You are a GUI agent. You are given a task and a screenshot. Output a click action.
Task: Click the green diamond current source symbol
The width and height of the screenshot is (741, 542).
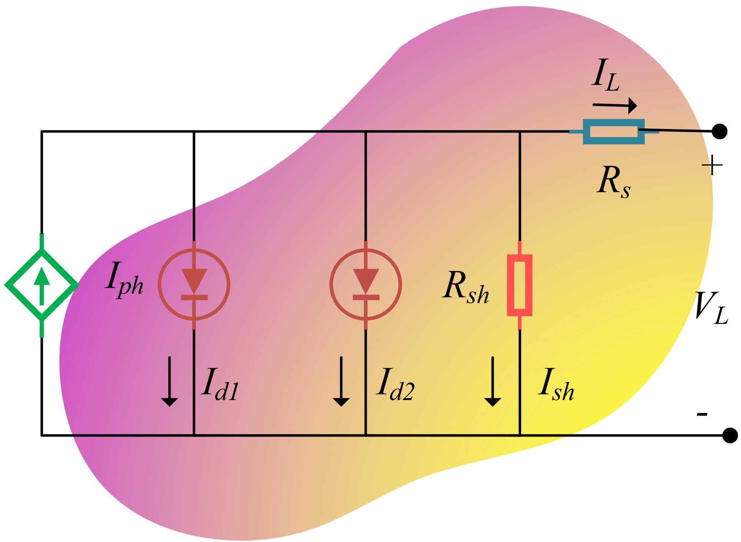coord(42,285)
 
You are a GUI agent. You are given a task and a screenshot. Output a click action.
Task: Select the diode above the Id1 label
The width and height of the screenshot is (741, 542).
coord(194,285)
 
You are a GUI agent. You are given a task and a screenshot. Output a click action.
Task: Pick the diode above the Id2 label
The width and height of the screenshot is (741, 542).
coord(366,285)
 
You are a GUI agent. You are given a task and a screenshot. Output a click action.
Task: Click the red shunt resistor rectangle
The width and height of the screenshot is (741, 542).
coord(519,285)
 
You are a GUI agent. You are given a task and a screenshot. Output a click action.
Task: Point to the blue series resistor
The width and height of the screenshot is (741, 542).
coord(614,132)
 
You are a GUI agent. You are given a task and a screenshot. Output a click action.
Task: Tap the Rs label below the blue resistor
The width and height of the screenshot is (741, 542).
coord(614,182)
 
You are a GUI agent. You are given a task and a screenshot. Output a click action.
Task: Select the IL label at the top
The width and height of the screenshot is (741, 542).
coord(605,75)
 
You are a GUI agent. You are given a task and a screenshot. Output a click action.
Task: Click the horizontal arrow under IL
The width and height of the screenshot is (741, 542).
coord(615,106)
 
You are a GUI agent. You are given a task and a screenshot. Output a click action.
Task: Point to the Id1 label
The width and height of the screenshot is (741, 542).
coord(220,384)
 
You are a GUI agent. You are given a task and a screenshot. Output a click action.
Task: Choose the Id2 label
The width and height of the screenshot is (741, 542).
coord(395,384)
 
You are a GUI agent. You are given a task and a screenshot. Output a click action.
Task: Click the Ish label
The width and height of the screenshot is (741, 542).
coord(556,384)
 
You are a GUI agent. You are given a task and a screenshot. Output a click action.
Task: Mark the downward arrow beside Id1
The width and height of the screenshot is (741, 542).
coord(170,381)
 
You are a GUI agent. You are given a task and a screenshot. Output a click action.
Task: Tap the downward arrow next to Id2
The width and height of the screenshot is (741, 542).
coord(341,381)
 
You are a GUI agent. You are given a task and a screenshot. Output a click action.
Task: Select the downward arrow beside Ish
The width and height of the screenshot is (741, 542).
coord(493,381)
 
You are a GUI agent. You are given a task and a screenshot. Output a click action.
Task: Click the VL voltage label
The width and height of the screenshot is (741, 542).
coord(711,308)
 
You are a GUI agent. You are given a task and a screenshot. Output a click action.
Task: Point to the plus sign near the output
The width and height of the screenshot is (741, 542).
coord(712,165)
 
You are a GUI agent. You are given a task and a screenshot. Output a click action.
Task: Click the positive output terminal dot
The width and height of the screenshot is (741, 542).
coord(720,132)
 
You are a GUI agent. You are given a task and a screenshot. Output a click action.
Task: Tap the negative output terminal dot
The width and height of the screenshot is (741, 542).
coord(730,435)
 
